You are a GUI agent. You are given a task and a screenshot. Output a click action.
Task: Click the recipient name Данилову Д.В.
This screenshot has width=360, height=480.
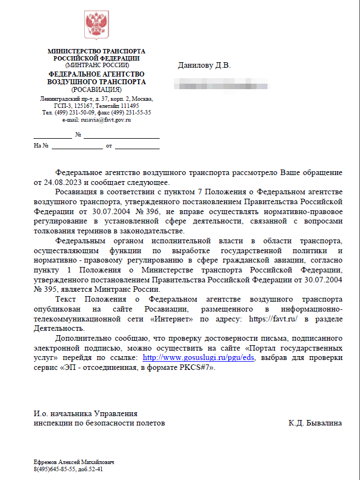tap(204, 66)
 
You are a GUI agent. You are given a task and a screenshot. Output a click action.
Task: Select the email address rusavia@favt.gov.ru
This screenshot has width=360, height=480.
tap(106, 119)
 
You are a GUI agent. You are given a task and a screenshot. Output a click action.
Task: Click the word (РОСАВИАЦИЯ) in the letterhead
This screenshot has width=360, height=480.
tap(96, 89)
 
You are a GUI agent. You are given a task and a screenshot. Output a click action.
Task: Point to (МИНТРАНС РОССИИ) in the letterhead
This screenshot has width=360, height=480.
tap(96, 65)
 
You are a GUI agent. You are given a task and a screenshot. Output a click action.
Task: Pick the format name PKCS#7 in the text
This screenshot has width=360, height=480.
tap(190, 367)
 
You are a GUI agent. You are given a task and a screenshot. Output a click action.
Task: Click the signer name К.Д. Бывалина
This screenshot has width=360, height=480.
tap(315, 423)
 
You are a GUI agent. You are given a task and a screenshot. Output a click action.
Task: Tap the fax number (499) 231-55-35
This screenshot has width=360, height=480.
tap(129, 112)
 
